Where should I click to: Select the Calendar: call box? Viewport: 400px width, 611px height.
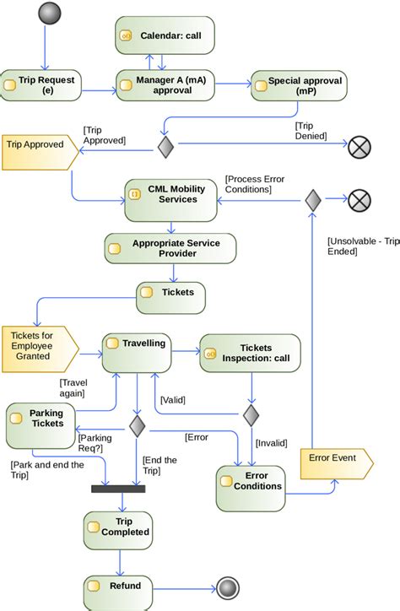point(165,35)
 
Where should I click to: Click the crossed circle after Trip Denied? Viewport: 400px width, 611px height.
point(359,147)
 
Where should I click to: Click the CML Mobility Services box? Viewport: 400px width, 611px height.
point(170,199)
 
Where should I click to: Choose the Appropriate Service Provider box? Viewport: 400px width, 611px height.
point(170,248)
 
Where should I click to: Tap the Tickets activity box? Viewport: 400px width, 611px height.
point(171,293)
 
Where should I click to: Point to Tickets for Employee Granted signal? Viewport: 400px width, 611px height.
point(39,345)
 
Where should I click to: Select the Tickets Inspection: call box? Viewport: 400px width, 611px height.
point(251,353)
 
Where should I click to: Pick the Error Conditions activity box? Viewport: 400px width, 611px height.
point(251,487)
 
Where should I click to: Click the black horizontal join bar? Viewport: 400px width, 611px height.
point(124,487)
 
